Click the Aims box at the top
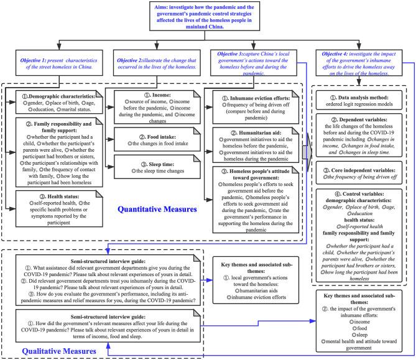pyautogui.click(x=208, y=15)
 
